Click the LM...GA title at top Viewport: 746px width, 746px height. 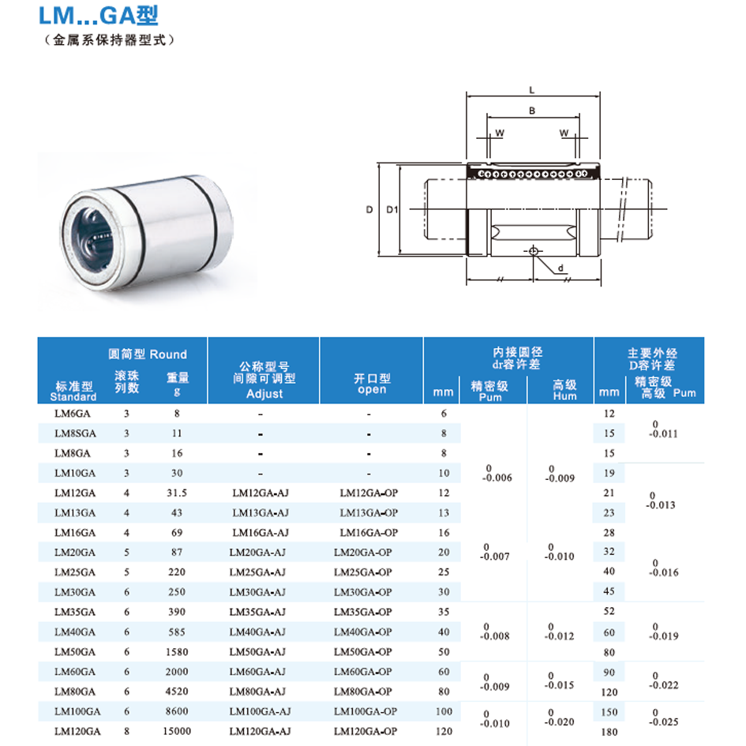98,16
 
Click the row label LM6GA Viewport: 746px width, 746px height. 73,414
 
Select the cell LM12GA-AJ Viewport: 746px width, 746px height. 261,493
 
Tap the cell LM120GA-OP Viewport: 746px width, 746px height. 366,731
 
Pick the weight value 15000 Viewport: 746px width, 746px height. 177,731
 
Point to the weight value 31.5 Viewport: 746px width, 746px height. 177,493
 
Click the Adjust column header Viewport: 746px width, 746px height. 264,394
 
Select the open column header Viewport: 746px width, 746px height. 372,389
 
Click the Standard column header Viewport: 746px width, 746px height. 73,397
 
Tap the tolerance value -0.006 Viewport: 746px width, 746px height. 497,478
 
